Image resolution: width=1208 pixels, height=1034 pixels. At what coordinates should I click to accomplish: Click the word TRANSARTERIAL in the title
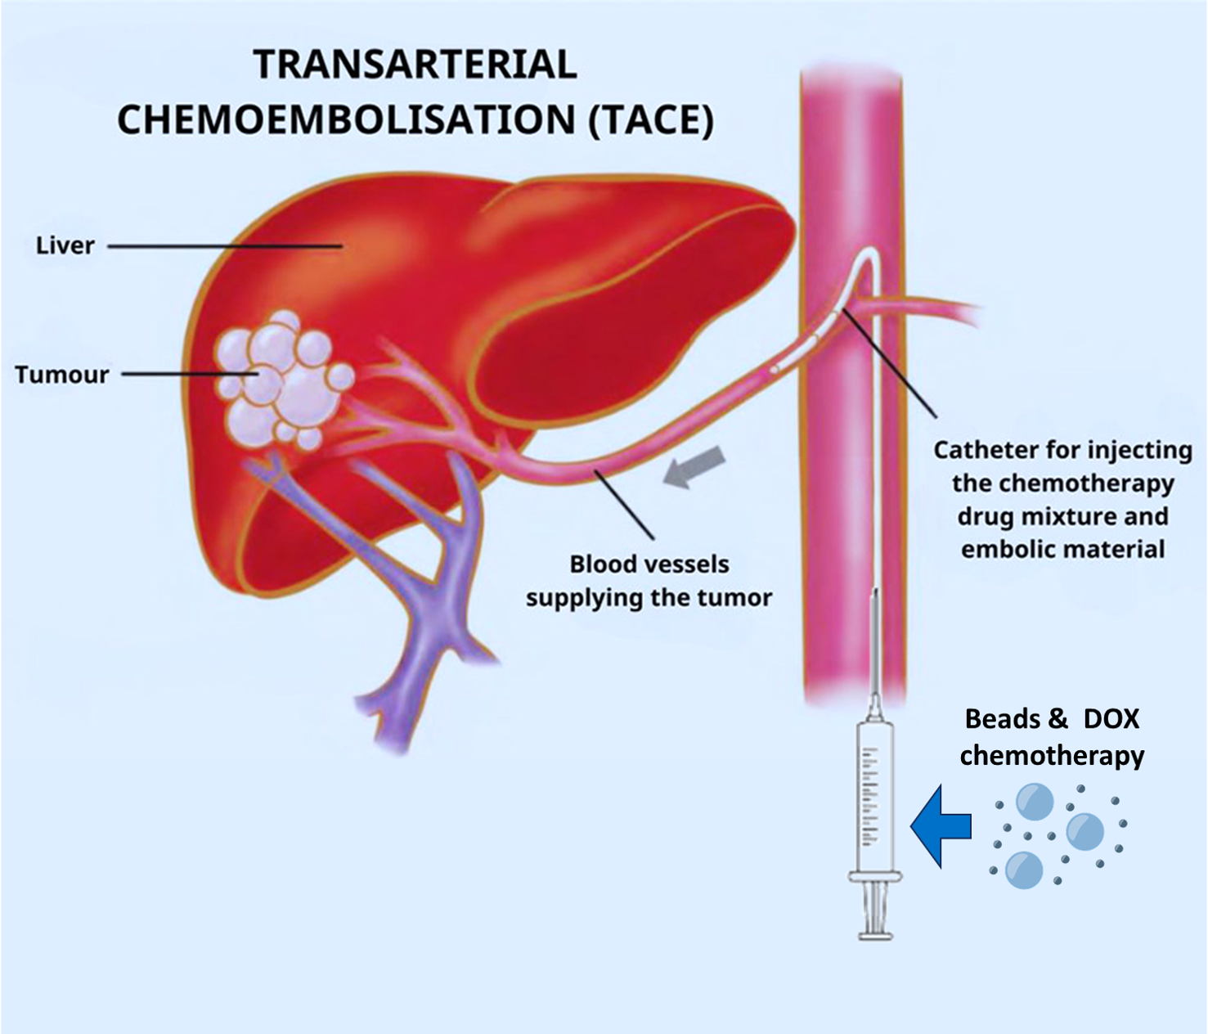(415, 65)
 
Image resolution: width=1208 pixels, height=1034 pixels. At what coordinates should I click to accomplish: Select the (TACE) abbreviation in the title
(650, 119)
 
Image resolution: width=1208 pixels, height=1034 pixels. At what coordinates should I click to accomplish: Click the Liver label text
(65, 245)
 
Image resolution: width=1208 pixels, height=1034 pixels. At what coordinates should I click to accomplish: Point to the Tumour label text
(62, 375)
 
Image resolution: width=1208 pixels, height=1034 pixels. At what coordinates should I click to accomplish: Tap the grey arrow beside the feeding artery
(694, 467)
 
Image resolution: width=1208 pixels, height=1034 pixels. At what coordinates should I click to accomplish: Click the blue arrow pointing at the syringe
(941, 825)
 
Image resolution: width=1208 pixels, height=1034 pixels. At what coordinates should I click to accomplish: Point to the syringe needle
(874, 646)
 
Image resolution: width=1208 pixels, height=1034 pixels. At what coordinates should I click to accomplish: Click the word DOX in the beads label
(1111, 719)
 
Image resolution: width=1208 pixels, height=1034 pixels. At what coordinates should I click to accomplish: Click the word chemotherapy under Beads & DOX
(1052, 754)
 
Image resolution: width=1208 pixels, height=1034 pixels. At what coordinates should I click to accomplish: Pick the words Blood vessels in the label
(649, 564)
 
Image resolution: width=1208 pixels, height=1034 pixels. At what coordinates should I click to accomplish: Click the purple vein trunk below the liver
(425, 622)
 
